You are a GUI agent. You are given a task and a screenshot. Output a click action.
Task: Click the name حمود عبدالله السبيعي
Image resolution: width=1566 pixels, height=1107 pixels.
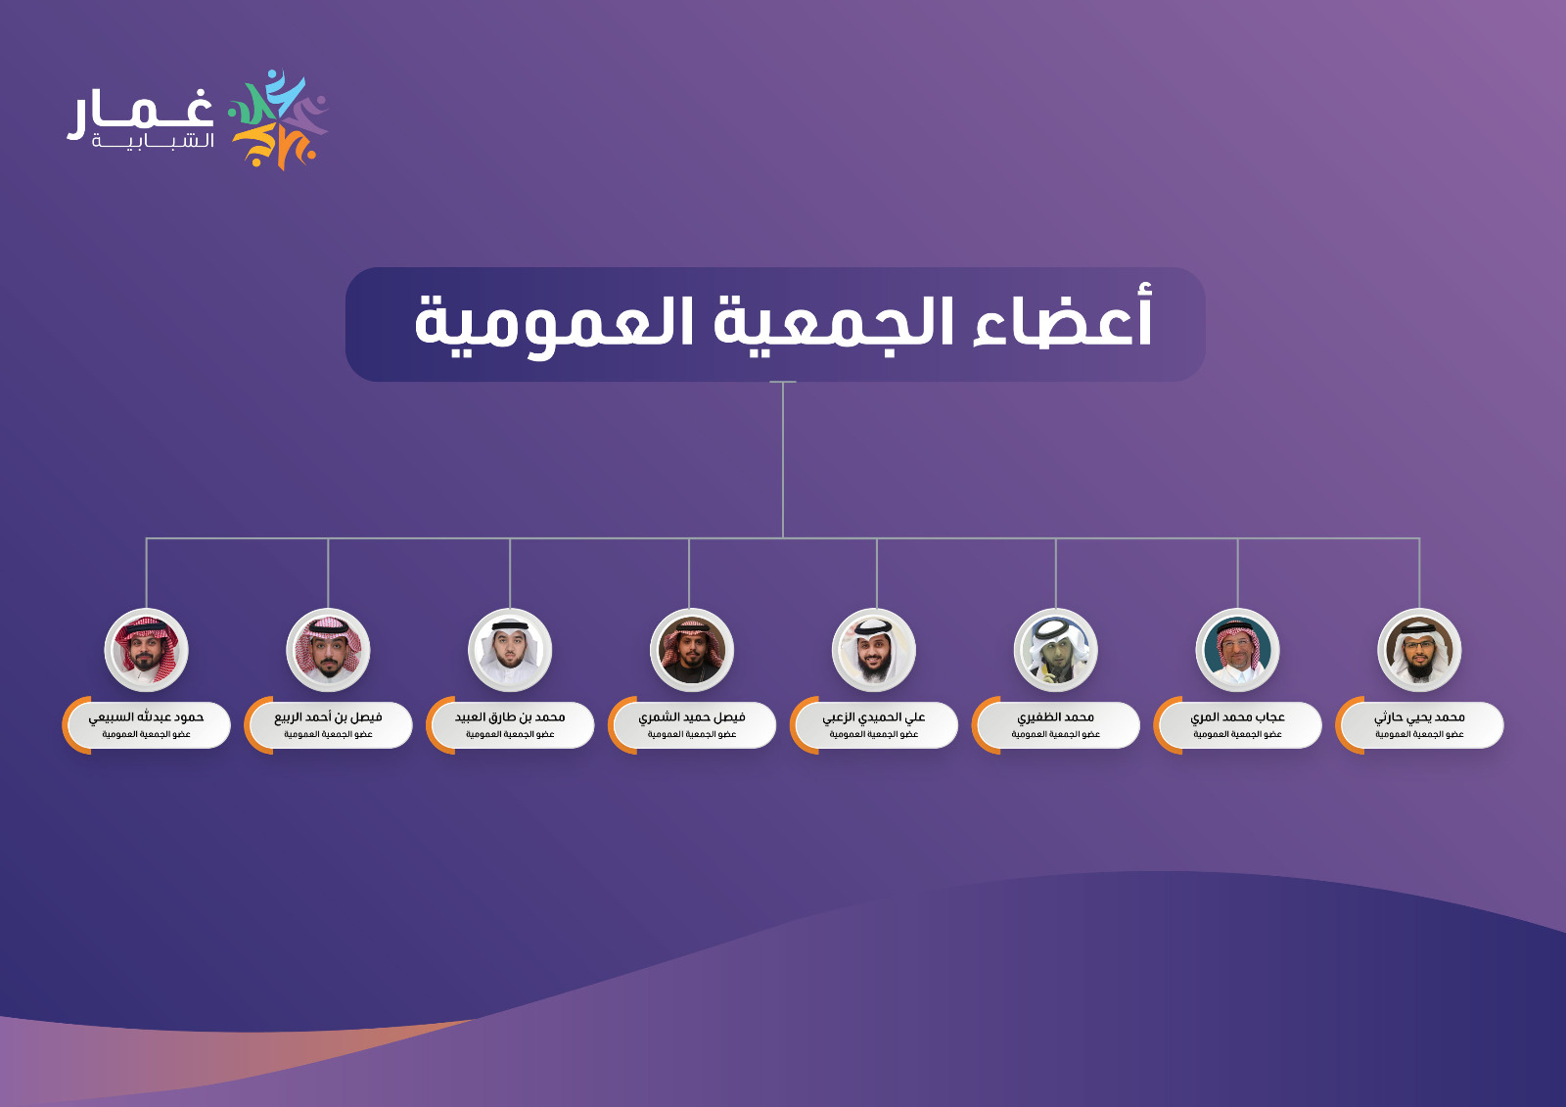[146, 717]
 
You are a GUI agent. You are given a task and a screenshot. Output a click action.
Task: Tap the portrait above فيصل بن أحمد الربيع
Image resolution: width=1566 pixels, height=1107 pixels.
[328, 650]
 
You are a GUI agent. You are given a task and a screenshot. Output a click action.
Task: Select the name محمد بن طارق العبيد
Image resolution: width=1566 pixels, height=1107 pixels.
[510, 717]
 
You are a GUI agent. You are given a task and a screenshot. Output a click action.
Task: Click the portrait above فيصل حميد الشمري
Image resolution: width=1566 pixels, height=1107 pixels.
[691, 650]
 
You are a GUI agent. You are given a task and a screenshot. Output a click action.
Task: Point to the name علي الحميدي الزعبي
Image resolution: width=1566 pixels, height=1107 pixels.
[874, 717]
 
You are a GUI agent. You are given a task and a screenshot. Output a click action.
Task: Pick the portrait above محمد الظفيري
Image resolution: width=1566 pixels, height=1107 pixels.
[1056, 650]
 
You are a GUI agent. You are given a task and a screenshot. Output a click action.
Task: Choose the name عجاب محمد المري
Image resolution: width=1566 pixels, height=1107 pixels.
[1237, 717]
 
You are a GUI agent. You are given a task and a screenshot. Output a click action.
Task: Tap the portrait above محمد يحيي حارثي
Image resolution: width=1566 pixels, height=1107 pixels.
[1419, 650]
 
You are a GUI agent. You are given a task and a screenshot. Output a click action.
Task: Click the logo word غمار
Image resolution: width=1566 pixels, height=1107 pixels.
[141, 113]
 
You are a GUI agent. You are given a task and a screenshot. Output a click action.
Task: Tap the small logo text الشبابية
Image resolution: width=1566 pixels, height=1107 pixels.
[153, 141]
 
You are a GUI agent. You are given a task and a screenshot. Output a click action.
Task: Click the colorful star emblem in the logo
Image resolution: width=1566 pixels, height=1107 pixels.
[278, 119]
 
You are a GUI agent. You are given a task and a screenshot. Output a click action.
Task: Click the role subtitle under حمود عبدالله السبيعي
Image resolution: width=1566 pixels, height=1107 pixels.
[146, 734]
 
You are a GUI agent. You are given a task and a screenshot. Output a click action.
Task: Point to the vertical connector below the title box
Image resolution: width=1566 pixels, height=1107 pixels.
[782, 459]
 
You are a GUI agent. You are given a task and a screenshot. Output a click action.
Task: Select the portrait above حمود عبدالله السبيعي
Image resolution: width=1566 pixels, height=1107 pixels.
[146, 650]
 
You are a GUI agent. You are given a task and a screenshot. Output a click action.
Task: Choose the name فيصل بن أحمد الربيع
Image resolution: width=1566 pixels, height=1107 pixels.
[328, 717]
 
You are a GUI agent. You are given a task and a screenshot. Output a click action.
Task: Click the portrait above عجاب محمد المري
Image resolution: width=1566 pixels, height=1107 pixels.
[1237, 650]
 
